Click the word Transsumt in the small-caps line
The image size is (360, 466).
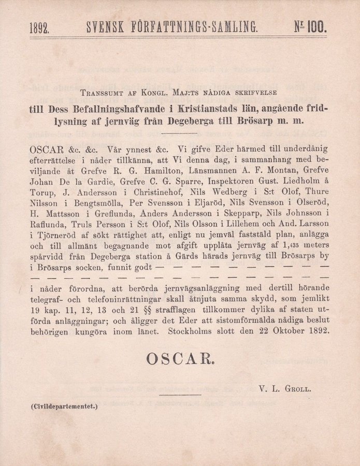tap(101, 93)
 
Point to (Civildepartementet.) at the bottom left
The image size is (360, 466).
tap(64, 407)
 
